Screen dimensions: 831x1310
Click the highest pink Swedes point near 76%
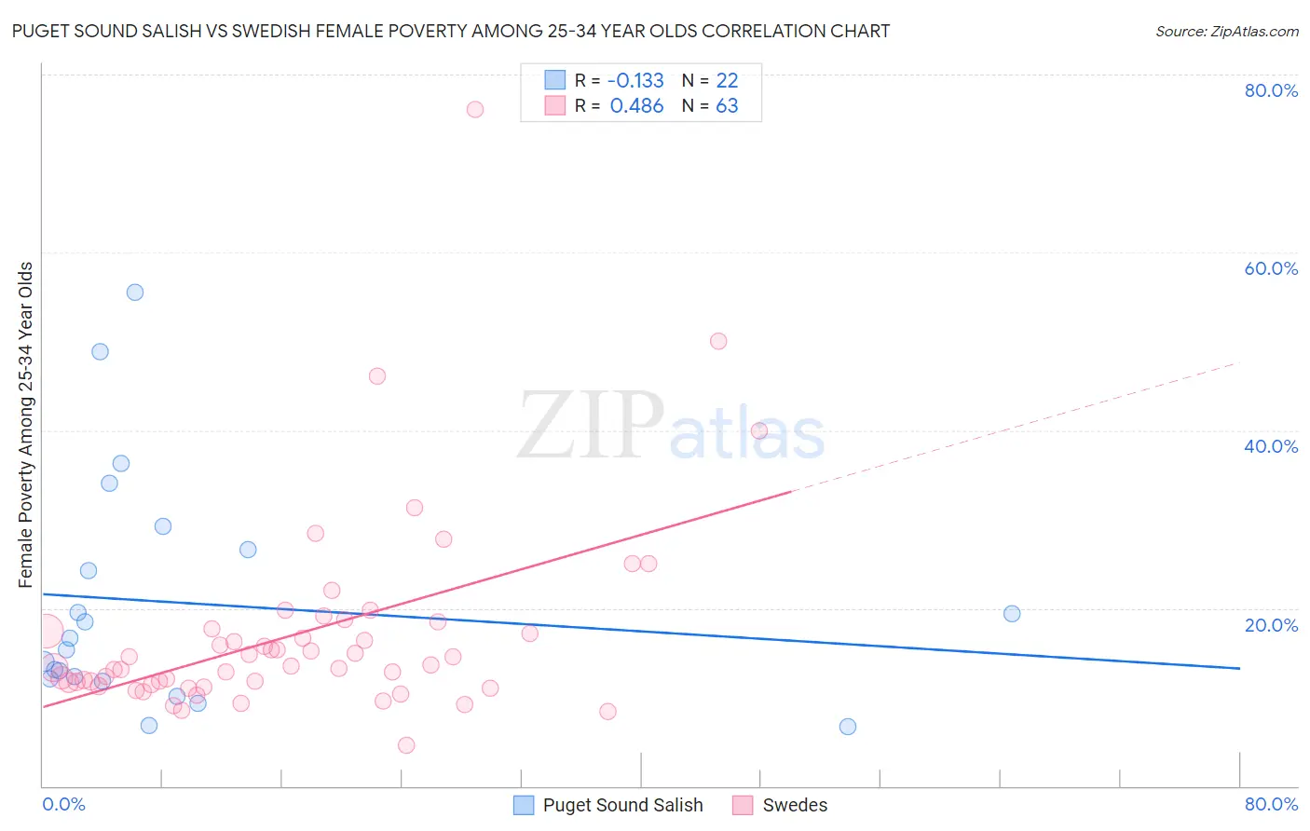pos(475,109)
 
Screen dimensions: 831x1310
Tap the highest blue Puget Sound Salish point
pos(135,293)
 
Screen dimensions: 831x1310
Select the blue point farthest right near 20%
pos(1012,614)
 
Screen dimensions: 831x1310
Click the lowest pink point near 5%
pos(406,745)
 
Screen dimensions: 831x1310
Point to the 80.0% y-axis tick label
pos(1271,90)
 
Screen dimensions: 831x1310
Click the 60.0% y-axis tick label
pos(1271,268)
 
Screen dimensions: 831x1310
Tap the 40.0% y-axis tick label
pos(1271,446)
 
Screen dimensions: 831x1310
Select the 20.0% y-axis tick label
pos(1271,625)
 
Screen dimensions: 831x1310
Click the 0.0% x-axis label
pos(63,804)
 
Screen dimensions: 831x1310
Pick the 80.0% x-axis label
pos(1271,804)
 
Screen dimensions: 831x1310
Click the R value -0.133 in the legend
pos(636,81)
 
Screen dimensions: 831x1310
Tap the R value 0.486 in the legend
pos(636,106)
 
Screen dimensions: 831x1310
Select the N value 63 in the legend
pos(727,106)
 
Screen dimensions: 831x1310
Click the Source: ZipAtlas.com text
pos(1226,32)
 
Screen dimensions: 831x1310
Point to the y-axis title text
pos(26,425)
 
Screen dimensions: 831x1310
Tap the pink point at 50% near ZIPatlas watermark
pos(718,341)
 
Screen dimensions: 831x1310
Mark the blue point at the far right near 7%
pos(848,727)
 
